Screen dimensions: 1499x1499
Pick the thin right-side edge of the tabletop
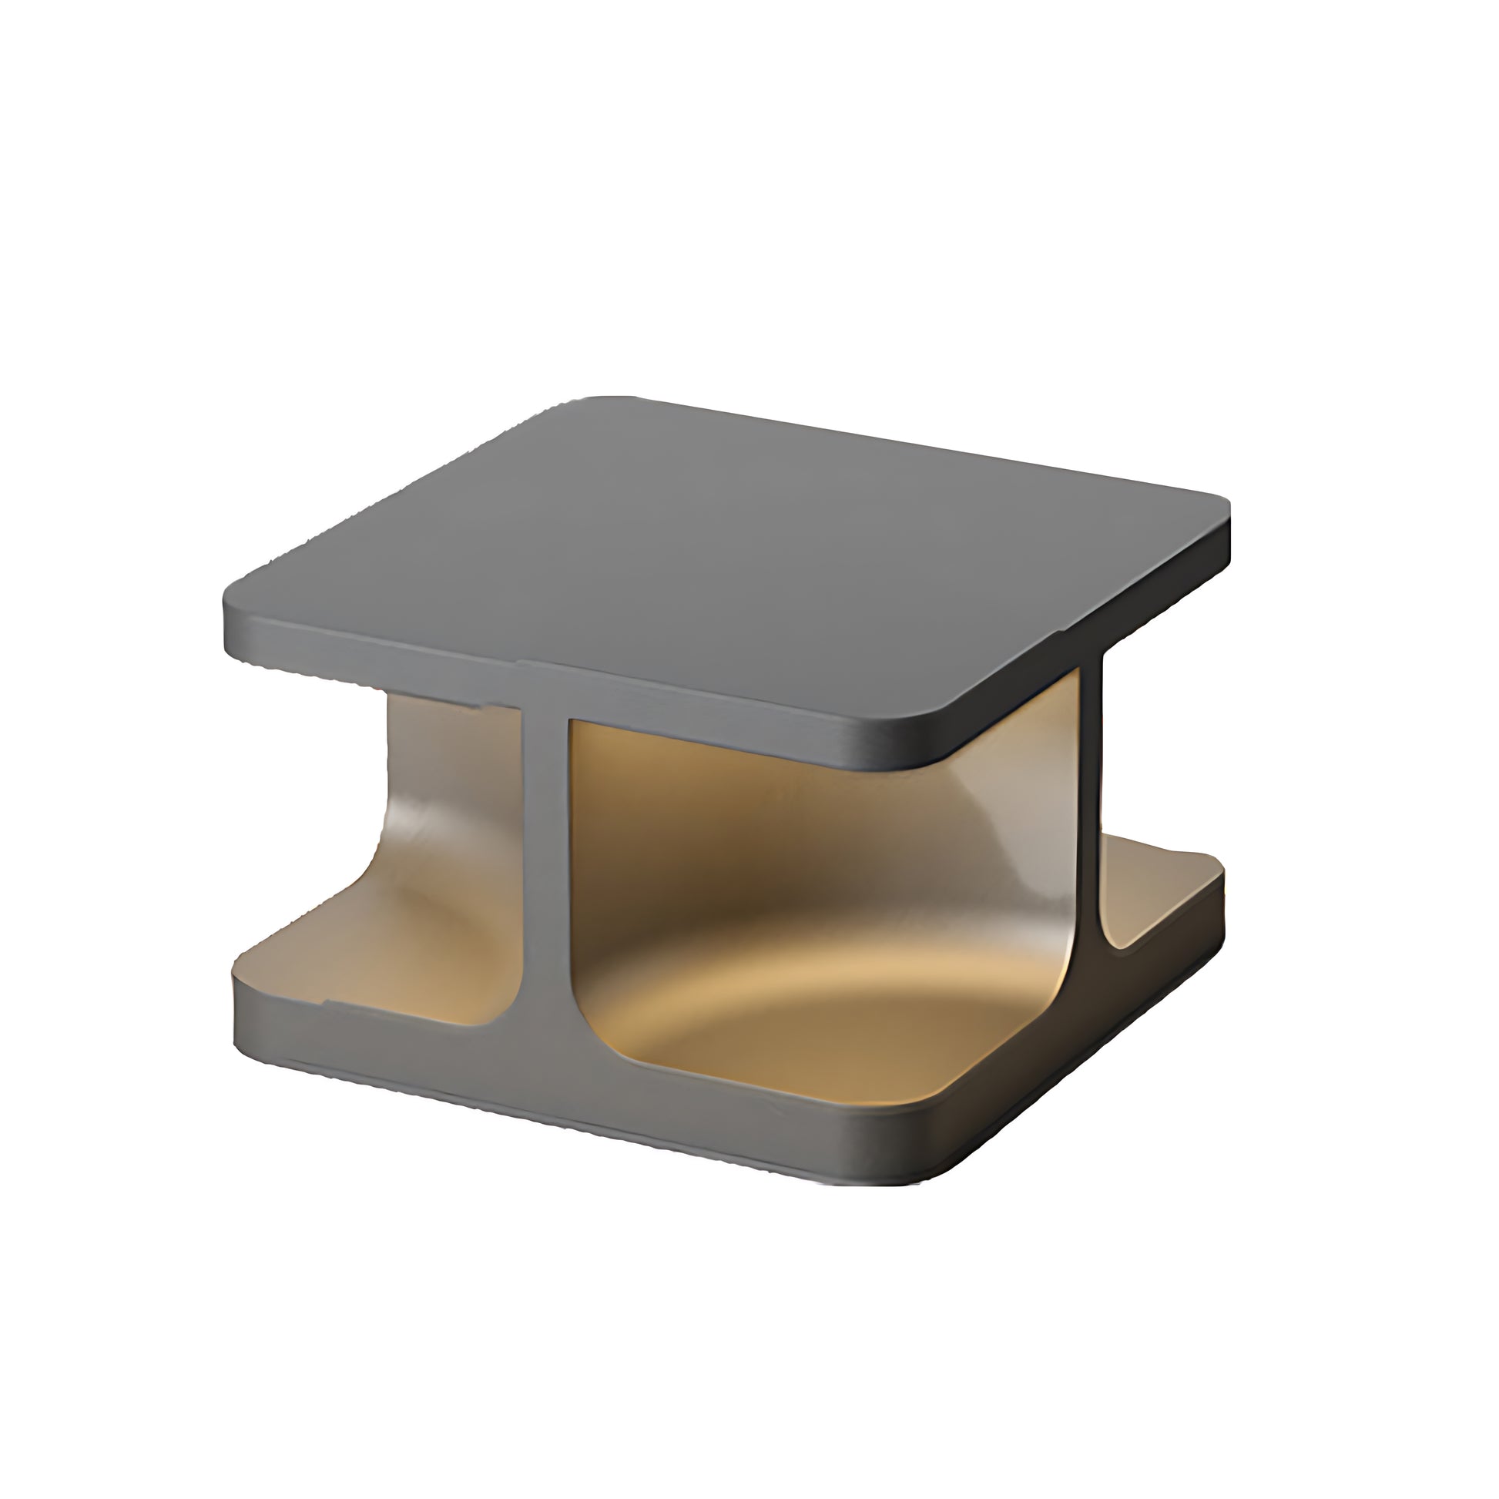click(1086, 636)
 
